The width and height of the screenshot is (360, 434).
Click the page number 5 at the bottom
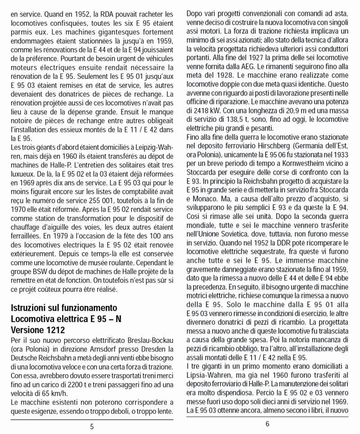[x=92, y=426]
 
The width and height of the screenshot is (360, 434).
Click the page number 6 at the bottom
[x=267, y=424]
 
